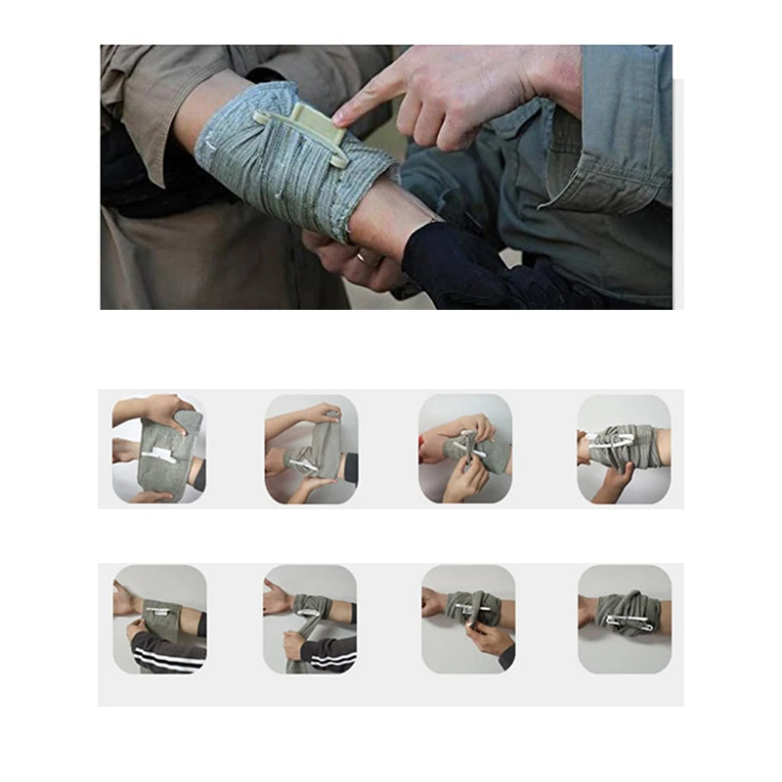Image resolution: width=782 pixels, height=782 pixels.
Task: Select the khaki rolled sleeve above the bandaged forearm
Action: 147,108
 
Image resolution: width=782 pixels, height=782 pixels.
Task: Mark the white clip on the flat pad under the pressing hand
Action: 158,453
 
